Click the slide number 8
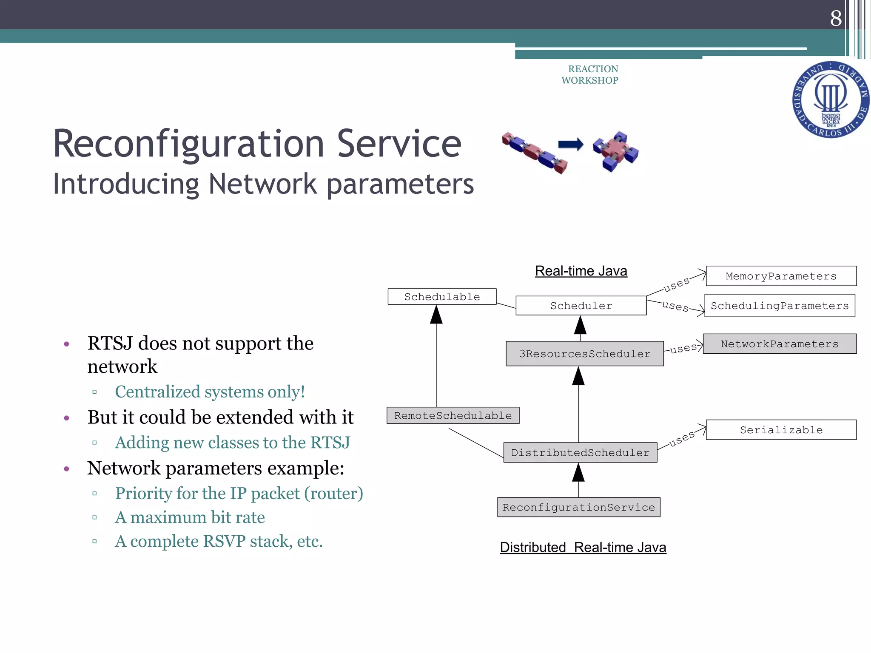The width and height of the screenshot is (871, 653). (836, 18)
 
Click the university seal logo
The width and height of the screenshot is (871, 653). (830, 100)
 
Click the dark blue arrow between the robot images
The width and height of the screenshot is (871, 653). (570, 145)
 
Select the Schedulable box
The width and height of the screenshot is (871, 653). (442, 297)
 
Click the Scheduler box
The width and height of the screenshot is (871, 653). (581, 306)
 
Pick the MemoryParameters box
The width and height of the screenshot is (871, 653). (781, 276)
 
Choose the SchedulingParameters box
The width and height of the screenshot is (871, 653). (780, 306)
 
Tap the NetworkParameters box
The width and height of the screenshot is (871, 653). (780, 344)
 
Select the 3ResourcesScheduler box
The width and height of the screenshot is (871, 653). (584, 354)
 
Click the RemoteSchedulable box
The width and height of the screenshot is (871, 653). (453, 415)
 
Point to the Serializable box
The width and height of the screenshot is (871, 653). (781, 430)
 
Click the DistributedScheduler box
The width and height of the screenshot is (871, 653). (580, 453)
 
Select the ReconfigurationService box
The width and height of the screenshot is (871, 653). (578, 507)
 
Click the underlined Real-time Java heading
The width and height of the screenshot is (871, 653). (581, 271)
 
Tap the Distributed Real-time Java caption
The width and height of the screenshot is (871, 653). (583, 548)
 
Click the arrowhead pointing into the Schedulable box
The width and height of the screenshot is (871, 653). (436, 315)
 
